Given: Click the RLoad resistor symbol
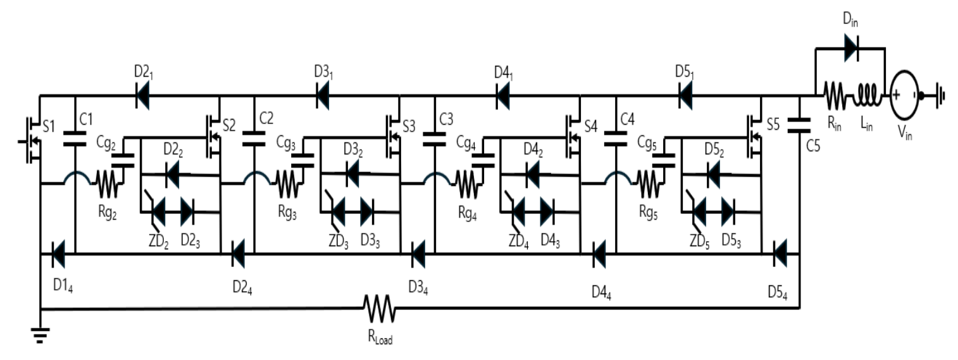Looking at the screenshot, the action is (x=380, y=308).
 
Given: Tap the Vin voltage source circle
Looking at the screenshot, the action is (x=904, y=96).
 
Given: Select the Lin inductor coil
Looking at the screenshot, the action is (x=866, y=96).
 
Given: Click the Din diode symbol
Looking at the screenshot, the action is (x=852, y=48).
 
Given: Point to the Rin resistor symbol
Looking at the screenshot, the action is (x=835, y=96).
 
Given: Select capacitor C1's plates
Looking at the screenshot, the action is (x=75, y=139).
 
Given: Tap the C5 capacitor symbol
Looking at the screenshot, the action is (x=799, y=125).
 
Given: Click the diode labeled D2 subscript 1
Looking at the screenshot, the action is (x=142, y=96).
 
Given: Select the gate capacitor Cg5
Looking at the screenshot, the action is (x=663, y=160).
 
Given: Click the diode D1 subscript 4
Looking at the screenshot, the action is (x=58, y=254).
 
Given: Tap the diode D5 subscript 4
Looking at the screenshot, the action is (x=780, y=254).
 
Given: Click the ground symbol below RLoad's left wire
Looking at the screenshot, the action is (x=40, y=335).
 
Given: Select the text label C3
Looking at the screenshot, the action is (x=446, y=120).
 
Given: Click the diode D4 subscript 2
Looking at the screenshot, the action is (x=532, y=174).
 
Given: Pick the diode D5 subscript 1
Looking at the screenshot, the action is (x=685, y=96).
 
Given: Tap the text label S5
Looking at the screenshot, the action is (x=774, y=125).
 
